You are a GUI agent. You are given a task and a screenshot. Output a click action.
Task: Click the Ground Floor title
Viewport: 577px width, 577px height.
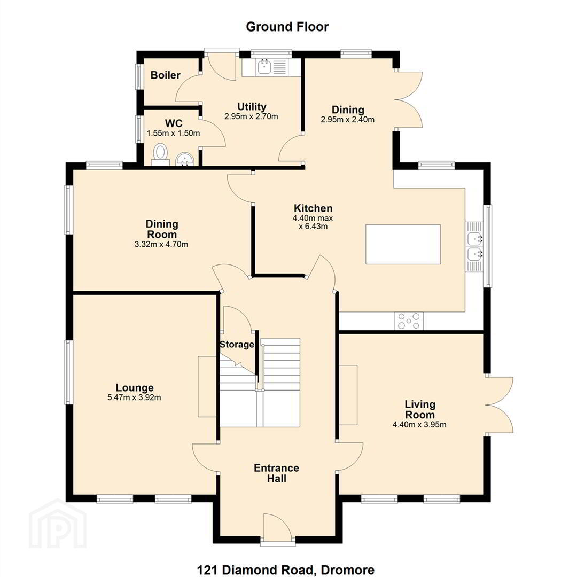pyautogui.click(x=287, y=27)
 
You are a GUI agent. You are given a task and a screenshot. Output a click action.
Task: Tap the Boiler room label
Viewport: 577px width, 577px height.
pyautogui.click(x=166, y=75)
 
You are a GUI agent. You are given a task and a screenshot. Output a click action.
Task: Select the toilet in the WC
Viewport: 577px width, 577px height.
pyautogui.click(x=160, y=154)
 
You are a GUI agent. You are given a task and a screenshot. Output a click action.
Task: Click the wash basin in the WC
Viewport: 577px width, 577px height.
pyautogui.click(x=185, y=160)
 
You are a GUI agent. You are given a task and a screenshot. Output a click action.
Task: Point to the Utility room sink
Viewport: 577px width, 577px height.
pyautogui.click(x=271, y=67)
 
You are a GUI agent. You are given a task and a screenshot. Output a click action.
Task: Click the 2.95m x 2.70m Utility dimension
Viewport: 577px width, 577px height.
pyautogui.click(x=251, y=116)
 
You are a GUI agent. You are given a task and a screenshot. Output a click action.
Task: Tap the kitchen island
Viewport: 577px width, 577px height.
pyautogui.click(x=403, y=244)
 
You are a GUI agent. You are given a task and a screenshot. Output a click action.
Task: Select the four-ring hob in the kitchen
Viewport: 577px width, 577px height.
pyautogui.click(x=409, y=321)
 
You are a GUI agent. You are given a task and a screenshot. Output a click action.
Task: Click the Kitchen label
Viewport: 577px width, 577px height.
pyautogui.click(x=313, y=208)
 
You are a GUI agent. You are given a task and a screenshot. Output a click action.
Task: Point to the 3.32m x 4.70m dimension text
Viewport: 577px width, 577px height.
pyautogui.click(x=161, y=244)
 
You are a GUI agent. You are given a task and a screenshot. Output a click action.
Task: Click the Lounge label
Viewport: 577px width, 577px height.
pyautogui.click(x=135, y=387)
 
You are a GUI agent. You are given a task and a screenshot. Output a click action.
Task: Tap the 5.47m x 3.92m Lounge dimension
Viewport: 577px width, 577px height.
pyautogui.click(x=134, y=397)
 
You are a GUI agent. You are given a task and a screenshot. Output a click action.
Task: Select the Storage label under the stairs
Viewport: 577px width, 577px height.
pyautogui.click(x=237, y=345)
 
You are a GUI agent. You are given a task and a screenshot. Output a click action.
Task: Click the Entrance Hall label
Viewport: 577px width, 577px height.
pyautogui.click(x=276, y=473)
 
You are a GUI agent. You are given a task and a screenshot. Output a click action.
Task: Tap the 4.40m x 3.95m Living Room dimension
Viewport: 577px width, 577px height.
pyautogui.click(x=419, y=425)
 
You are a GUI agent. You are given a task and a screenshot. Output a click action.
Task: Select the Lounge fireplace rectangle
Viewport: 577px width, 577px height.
pyautogui.click(x=207, y=386)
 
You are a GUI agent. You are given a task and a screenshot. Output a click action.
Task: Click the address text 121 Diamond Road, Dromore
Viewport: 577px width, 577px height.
pyautogui.click(x=286, y=570)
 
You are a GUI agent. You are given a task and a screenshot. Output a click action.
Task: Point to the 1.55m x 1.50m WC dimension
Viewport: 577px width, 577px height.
pyautogui.click(x=173, y=133)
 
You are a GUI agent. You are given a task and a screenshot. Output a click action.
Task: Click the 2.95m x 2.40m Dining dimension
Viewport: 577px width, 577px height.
pyautogui.click(x=348, y=120)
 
